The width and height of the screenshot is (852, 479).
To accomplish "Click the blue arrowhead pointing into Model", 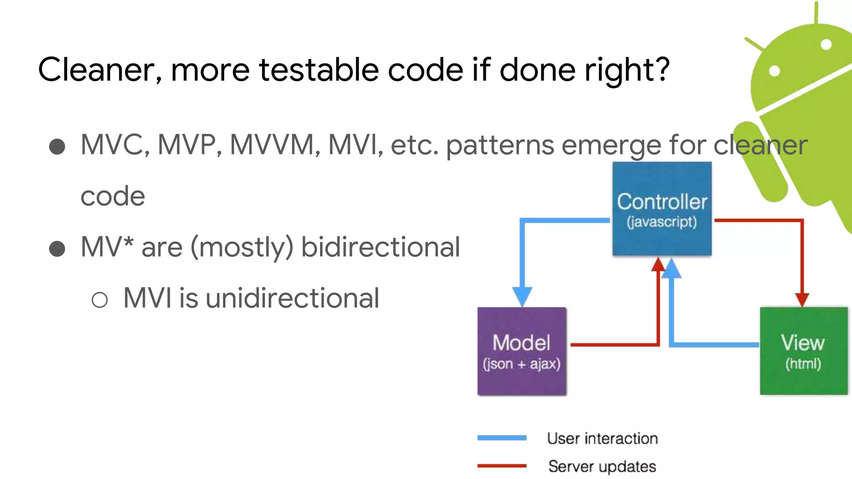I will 522,296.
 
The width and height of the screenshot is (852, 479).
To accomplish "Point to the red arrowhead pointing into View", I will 802,299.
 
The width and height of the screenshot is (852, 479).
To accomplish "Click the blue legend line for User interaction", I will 502,438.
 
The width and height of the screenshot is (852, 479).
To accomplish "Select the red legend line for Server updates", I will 502,466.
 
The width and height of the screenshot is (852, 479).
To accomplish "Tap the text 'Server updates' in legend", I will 602,466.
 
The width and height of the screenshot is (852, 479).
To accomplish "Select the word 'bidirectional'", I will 380,247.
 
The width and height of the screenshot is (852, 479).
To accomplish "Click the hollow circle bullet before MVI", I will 100,299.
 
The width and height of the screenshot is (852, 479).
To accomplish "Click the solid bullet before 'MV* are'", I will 57,249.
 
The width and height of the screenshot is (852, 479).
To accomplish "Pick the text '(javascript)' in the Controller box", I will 661,222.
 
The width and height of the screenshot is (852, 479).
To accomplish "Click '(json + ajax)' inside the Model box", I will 522,364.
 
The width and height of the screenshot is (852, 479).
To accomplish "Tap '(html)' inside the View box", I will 803,364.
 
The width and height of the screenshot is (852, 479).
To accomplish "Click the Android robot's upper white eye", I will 826,44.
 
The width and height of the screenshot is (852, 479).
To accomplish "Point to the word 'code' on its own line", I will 113,196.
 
